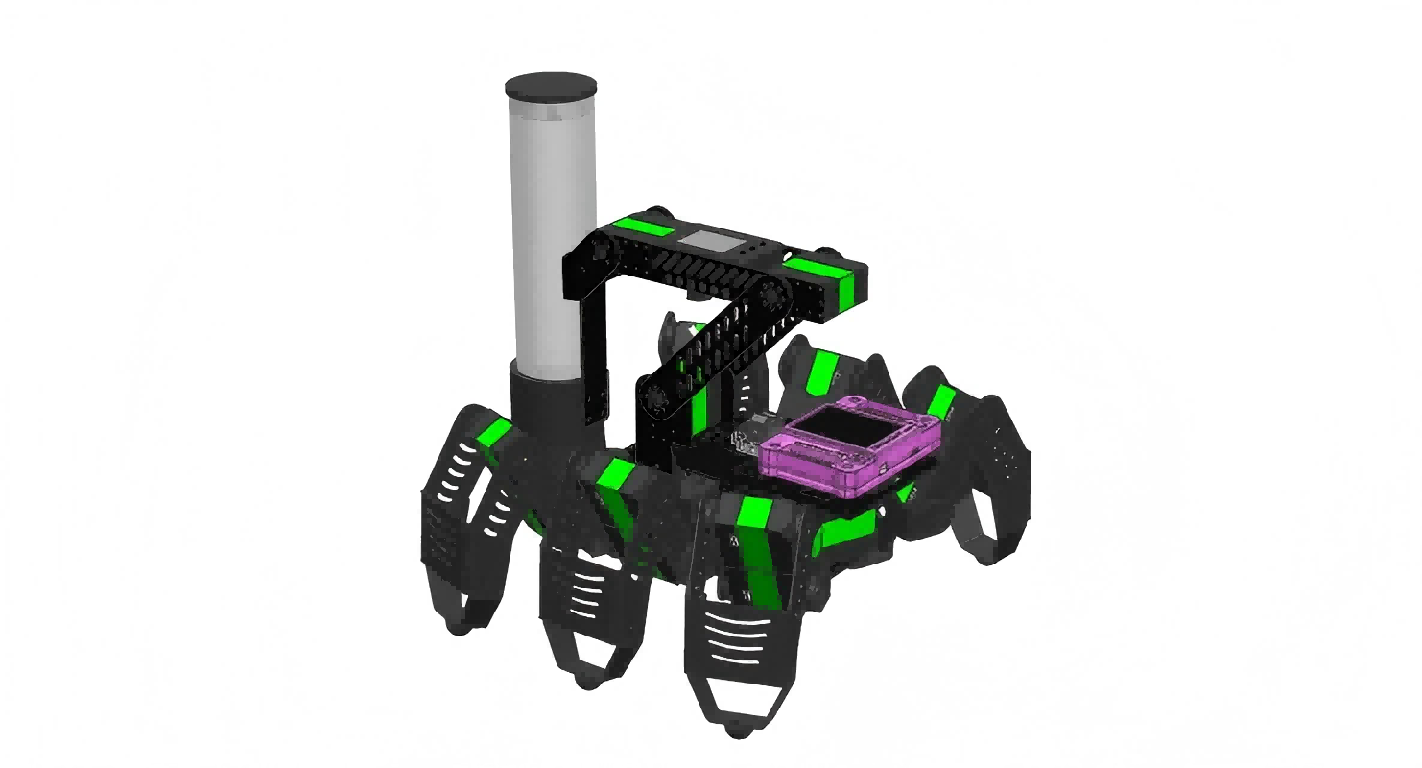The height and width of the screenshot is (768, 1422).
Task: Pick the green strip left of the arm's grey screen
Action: [x=645, y=228]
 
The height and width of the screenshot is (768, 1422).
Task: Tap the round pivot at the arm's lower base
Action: [x=657, y=397]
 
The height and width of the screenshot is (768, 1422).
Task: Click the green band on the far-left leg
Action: [x=493, y=433]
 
